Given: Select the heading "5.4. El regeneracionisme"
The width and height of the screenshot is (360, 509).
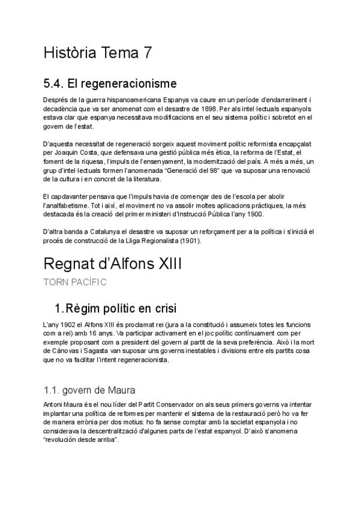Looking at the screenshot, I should pyautogui.click(x=110, y=82).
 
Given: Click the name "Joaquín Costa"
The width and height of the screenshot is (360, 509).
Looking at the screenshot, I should pyautogui.click(x=73, y=153).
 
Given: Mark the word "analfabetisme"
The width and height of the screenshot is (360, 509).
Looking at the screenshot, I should pyautogui.click(x=70, y=205).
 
